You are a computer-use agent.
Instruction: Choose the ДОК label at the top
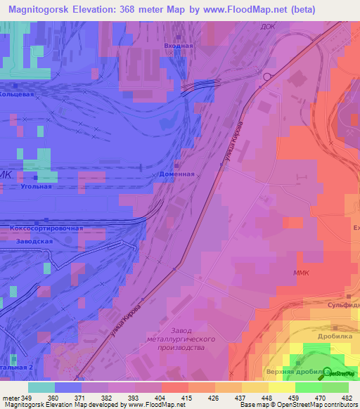point(268,27)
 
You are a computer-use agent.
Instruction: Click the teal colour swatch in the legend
point(41,387)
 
